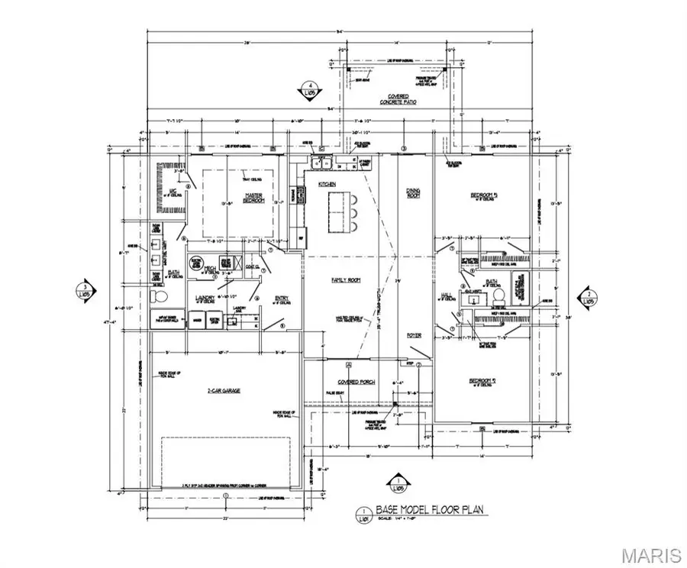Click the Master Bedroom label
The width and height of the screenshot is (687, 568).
click(253, 198)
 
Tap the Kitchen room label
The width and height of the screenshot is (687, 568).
click(327, 185)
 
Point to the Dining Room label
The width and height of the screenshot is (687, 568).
click(414, 194)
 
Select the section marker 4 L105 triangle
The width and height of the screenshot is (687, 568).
click(311, 89)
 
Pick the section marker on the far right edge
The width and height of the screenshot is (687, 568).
click(589, 295)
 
